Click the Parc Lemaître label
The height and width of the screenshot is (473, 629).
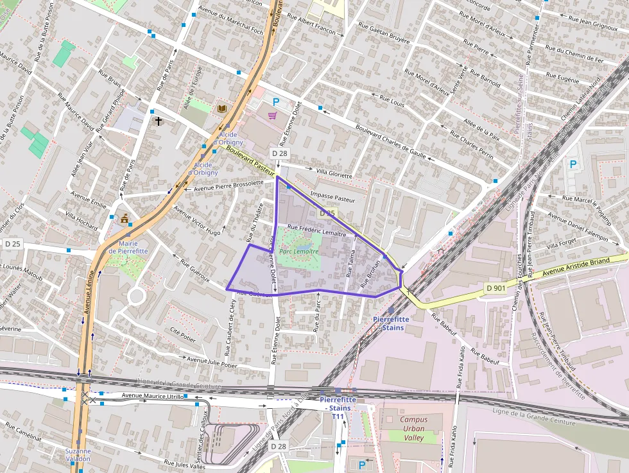298,252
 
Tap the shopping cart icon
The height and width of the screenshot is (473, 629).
272,116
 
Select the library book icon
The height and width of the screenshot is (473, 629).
222,109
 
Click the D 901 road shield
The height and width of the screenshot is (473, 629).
496,288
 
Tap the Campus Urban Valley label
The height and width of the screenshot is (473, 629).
413,429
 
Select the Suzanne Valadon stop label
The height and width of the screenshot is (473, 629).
78,455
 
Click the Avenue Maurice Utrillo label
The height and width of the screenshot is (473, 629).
153,397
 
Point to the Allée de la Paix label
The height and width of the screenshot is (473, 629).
481,129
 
